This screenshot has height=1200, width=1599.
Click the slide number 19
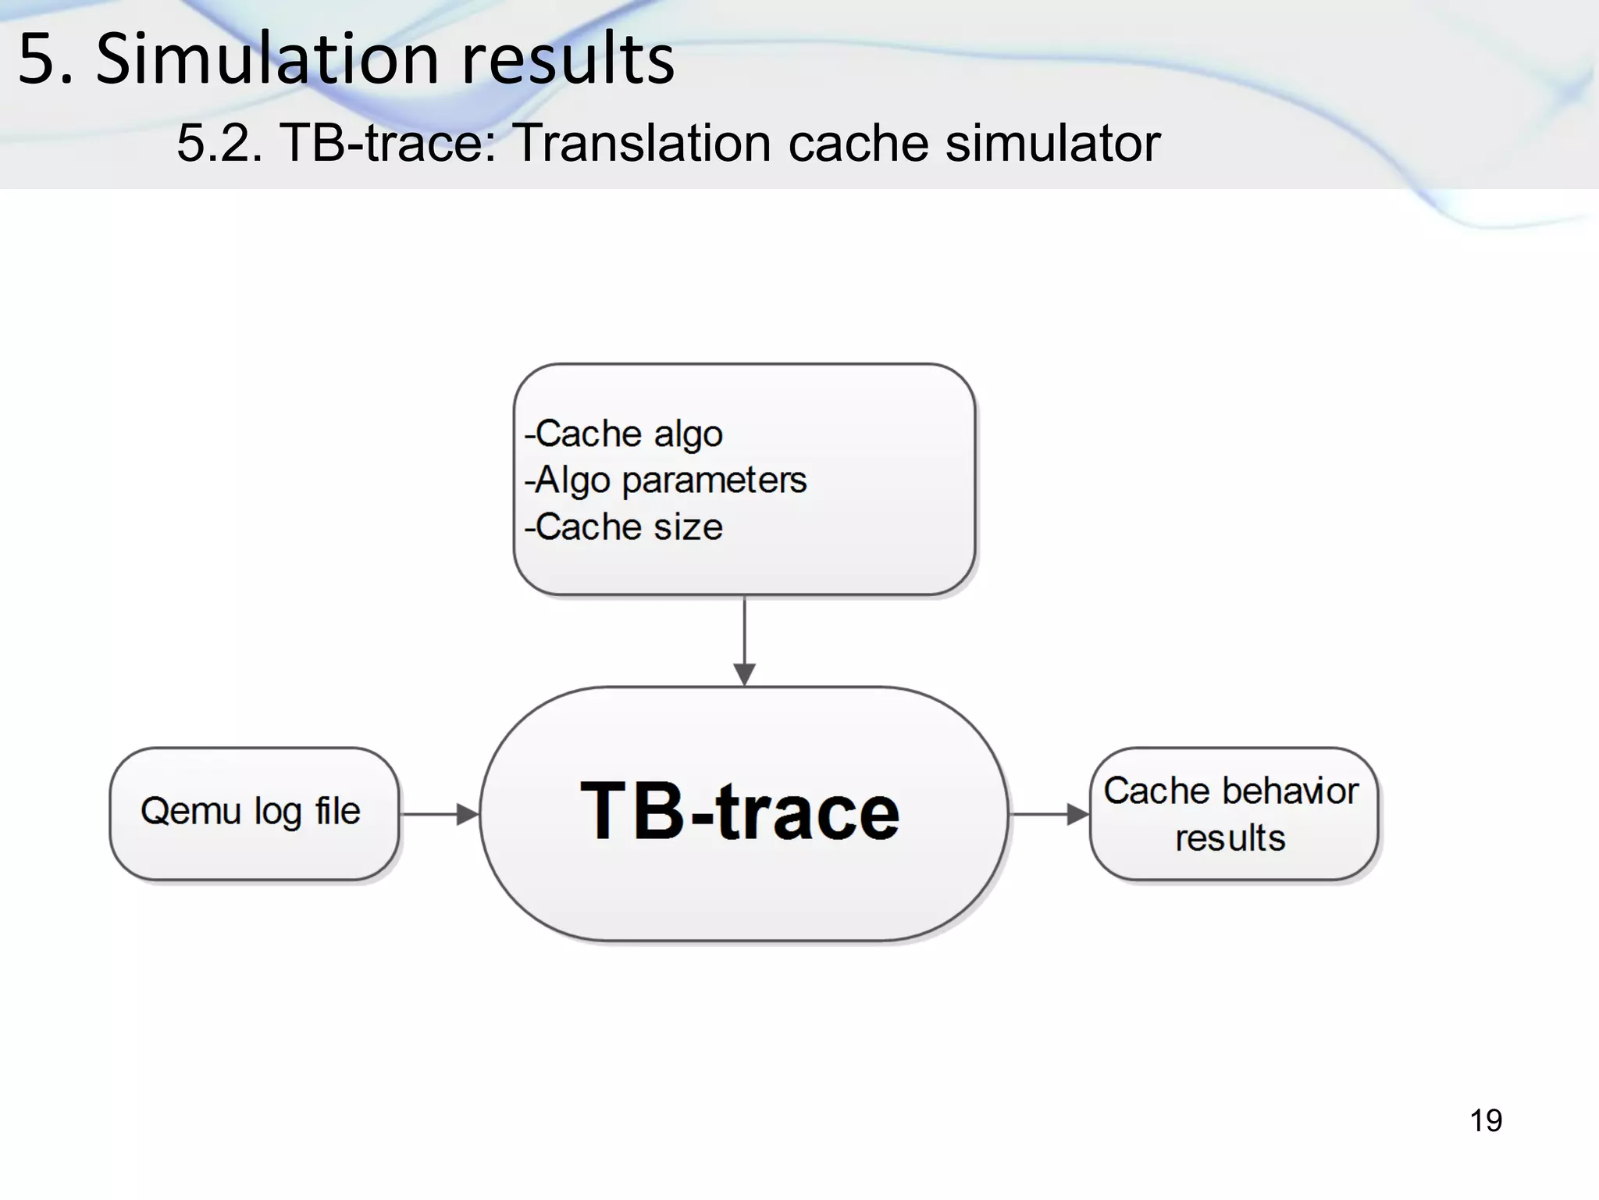pyautogui.click(x=1485, y=1120)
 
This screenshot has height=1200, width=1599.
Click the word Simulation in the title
pyautogui.click(x=267, y=59)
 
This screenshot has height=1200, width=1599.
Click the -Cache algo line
pyautogui.click(x=624, y=434)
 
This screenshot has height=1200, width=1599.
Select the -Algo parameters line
pyautogui.click(x=665, y=480)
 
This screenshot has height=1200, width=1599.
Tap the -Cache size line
pyautogui.click(x=624, y=527)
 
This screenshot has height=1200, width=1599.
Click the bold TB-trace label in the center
pyautogui.click(x=740, y=812)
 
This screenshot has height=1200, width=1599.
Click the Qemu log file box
pyautogui.click(x=254, y=813)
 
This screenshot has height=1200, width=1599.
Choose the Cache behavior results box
pyautogui.click(x=1233, y=813)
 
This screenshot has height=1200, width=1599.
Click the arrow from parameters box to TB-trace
pyautogui.click(x=744, y=641)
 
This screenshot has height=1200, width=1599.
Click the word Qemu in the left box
pyautogui.click(x=191, y=811)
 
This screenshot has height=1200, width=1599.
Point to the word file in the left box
pyautogui.click(x=338, y=810)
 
